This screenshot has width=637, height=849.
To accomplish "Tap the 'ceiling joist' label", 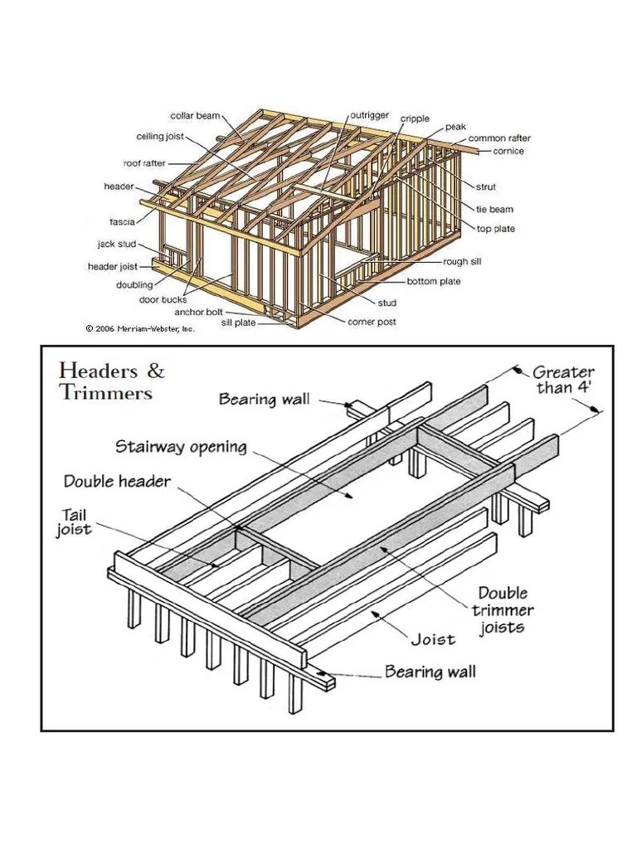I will point(160,137).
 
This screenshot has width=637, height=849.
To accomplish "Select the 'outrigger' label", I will point(369,115).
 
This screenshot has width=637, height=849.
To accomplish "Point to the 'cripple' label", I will point(415,119).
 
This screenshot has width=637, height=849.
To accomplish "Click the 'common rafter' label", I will point(499,138).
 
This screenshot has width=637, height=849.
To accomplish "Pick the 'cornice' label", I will point(508,151).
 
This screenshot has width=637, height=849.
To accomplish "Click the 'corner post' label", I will point(372,322).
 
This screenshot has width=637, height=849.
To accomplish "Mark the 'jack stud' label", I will point(116,245).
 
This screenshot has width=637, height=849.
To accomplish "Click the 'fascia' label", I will point(122,221).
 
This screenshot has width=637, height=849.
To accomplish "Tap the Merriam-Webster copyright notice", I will point(139,328).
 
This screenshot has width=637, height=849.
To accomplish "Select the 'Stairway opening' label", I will point(182,448).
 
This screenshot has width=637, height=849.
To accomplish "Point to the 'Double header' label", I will point(119,482).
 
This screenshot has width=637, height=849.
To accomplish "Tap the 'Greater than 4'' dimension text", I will point(563,380).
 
